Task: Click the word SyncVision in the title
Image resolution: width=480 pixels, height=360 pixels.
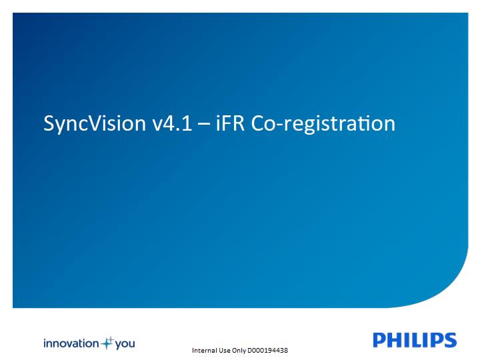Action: (95, 123)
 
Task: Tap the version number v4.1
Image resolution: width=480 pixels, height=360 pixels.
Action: (172, 123)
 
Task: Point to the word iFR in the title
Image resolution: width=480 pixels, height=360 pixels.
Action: (230, 123)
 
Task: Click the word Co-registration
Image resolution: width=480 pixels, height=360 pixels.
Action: (323, 124)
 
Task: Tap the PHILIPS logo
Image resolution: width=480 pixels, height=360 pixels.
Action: (415, 340)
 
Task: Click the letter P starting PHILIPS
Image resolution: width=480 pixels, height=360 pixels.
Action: (379, 340)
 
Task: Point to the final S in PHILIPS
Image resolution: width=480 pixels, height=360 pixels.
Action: (450, 340)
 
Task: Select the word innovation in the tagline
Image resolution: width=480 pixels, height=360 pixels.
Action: (71, 343)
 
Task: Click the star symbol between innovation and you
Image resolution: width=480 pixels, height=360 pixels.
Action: (107, 343)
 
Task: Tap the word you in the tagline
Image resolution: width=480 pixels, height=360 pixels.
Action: (125, 344)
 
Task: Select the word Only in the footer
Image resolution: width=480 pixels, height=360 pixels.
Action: (239, 351)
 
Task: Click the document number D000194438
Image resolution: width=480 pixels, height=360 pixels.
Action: (267, 350)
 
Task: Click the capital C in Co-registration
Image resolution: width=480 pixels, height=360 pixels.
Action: (258, 123)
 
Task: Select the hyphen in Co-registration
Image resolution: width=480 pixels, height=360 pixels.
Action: (281, 125)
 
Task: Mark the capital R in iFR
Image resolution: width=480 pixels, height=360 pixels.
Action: (238, 123)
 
